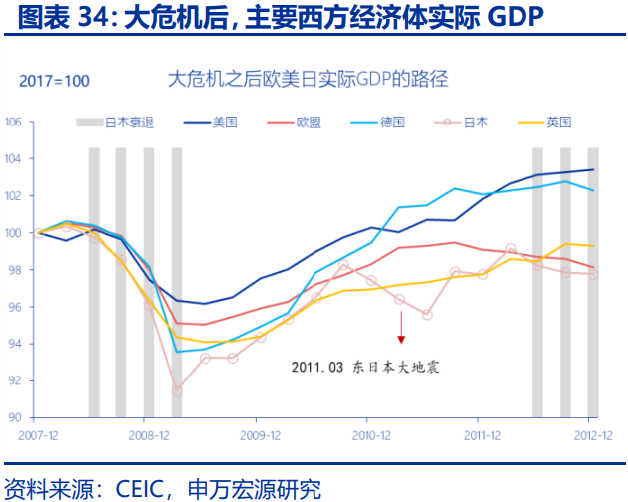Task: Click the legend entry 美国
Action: (224, 123)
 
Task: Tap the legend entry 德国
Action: (392, 123)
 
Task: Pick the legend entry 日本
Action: (476, 123)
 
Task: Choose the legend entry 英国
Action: (559, 123)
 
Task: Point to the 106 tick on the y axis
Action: (13, 123)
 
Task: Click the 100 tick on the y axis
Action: (13, 233)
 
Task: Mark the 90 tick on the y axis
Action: (15, 417)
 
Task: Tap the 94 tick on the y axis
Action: (15, 344)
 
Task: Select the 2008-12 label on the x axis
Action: (149, 435)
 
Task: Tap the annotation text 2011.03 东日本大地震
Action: (365, 367)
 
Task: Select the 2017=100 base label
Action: (54, 80)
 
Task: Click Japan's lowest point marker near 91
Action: (177, 390)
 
